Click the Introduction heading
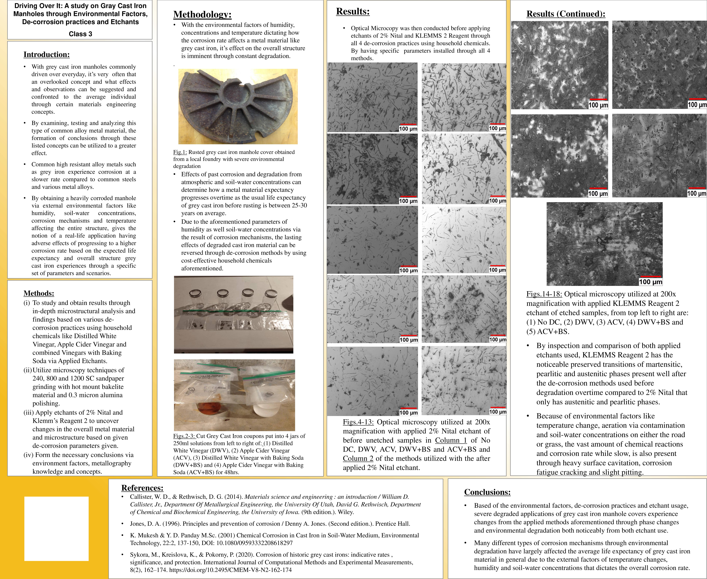point(46,55)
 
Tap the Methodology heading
point(202,15)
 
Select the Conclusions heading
point(487,492)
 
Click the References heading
point(142,488)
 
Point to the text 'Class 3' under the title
point(80,34)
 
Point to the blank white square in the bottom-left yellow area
point(56,529)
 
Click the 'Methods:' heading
point(39,294)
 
